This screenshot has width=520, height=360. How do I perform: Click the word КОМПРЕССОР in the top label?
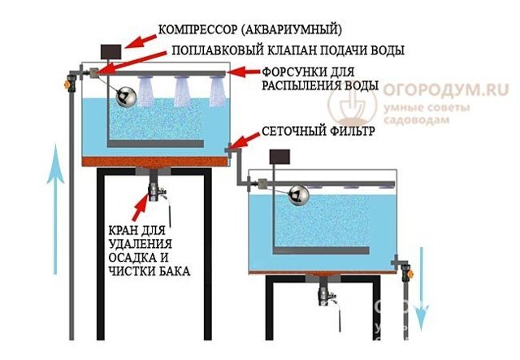(x=197, y=30)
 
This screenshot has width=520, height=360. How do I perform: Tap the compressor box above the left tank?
(x=110, y=51)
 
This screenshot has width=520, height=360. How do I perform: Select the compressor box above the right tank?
(x=279, y=157)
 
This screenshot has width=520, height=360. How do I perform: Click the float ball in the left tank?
(x=126, y=97)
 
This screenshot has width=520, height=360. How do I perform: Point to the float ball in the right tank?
(x=298, y=195)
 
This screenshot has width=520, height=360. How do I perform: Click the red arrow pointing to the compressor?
(x=141, y=41)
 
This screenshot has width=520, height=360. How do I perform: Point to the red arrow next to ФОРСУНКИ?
(x=245, y=72)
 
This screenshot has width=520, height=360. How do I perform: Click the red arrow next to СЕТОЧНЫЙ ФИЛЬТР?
(x=244, y=140)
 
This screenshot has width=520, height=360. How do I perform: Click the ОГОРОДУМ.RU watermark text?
(x=446, y=89)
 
